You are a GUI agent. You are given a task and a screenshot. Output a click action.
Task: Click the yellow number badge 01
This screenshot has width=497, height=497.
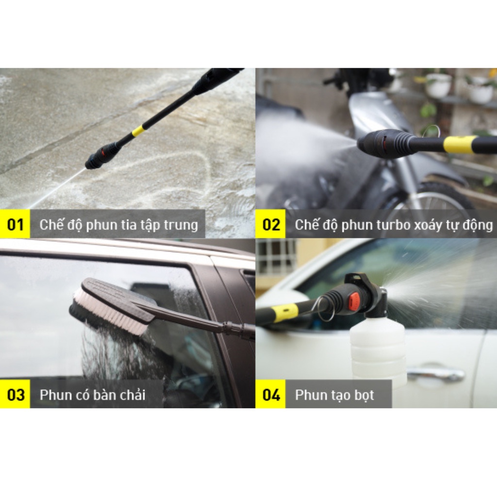pos(15,225)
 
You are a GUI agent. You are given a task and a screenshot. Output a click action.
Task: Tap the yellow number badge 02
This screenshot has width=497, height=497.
pos(271,225)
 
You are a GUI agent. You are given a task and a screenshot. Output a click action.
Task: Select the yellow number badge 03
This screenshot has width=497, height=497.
pos(15,394)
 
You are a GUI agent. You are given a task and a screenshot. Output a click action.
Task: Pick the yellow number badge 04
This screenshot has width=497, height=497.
pos(271,394)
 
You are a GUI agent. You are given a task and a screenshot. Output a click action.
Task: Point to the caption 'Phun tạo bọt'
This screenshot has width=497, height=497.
pos(334,395)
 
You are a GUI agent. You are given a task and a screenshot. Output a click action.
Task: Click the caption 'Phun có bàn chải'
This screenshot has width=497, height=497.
pos(92,395)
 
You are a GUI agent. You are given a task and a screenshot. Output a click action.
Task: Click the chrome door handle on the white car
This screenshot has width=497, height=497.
pos(435,374)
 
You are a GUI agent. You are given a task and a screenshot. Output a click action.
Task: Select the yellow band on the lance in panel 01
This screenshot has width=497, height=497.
pos(138,131)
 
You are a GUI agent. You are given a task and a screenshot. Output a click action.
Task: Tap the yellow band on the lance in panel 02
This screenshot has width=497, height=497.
pos(460,144)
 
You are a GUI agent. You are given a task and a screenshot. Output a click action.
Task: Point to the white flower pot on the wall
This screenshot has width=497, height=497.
pos(438,86)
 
